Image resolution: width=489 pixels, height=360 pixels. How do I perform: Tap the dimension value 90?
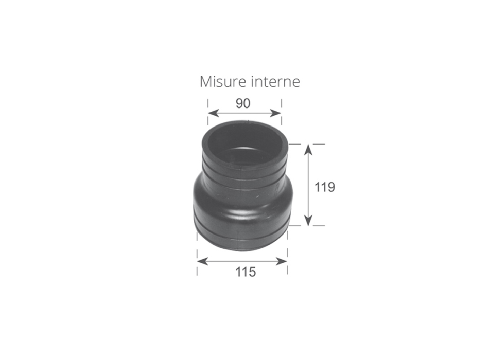pyautogui.click(x=243, y=103)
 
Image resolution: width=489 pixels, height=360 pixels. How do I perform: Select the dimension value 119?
pyautogui.click(x=325, y=187)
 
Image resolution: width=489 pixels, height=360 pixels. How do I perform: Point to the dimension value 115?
pyautogui.click(x=246, y=272)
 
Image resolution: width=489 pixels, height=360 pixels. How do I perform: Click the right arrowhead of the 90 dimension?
pyautogui.click(x=276, y=113)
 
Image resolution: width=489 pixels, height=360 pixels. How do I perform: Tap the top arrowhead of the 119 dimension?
pyautogui.click(x=308, y=150)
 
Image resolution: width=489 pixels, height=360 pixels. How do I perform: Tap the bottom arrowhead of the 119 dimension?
pyautogui.click(x=308, y=220)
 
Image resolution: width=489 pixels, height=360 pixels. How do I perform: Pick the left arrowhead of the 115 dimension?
pyautogui.click(x=202, y=261)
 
